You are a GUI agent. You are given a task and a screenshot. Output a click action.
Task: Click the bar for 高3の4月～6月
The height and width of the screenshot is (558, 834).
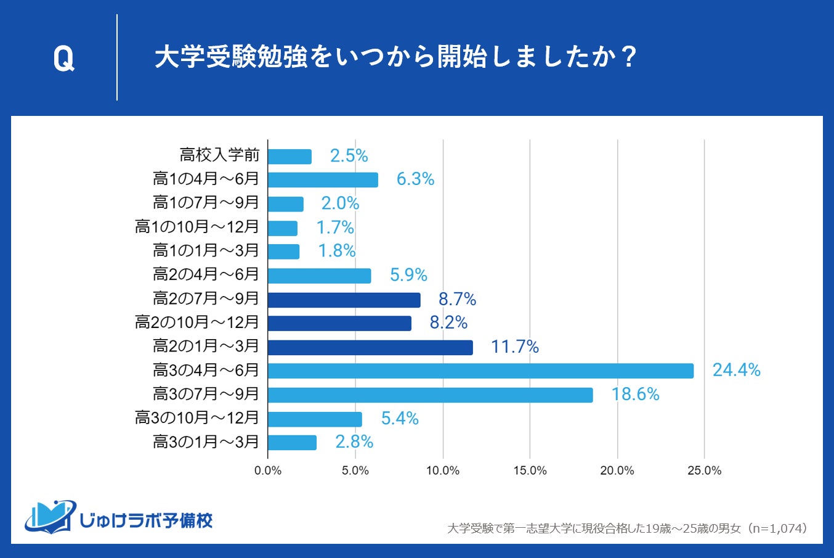tap(480, 371)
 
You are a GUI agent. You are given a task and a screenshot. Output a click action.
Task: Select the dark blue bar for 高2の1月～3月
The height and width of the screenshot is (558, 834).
tap(370, 347)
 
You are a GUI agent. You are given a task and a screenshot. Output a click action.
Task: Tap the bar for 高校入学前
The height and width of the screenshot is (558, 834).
tap(289, 157)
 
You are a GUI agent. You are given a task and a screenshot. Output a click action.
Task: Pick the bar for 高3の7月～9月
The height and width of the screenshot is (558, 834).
tap(430, 395)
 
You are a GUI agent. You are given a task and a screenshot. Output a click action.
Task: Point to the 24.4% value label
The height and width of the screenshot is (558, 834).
tap(736, 370)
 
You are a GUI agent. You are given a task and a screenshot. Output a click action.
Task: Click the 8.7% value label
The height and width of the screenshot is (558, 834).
tap(457, 300)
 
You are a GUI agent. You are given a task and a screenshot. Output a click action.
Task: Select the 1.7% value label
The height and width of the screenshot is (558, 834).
tap(335, 228)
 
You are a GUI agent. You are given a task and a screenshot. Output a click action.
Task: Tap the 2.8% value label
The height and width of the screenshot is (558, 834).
tap(354, 442)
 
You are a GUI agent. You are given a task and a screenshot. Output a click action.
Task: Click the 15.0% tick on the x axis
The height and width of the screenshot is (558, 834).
tap(530, 471)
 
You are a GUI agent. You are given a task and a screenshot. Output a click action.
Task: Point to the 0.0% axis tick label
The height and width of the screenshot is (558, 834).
tap(268, 471)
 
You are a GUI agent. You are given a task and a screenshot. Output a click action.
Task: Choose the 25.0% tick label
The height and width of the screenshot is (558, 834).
tap(704, 471)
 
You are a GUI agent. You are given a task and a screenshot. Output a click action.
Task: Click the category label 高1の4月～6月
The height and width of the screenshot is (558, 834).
tap(206, 179)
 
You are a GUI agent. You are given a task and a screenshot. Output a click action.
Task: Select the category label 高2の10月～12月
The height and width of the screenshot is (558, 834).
tap(197, 322)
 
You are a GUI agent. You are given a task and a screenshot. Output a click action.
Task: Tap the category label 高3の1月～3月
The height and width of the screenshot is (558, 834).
tap(206, 442)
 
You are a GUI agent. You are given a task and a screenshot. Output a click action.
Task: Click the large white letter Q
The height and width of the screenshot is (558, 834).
tap(63, 59)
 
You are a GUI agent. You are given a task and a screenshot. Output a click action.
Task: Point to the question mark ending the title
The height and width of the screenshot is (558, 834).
tap(628, 57)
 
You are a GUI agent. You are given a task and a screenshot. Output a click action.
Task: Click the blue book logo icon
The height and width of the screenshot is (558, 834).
tap(50, 516)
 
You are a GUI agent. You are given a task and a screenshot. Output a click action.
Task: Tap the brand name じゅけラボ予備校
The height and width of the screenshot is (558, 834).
tap(146, 521)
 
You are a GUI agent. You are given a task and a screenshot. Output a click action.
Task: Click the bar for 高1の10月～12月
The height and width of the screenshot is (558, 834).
tap(283, 228)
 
